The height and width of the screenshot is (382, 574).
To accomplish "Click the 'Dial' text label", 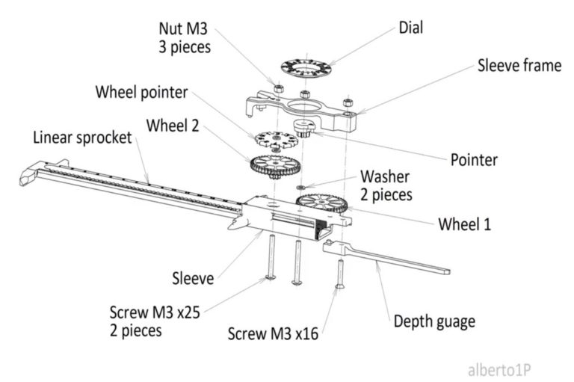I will (410, 28).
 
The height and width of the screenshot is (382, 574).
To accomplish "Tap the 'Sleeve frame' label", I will (519, 66).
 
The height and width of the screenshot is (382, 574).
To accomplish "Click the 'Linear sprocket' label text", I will (82, 138).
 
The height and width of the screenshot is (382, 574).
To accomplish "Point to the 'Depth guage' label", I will (434, 322).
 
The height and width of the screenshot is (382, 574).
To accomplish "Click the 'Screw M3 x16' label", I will (274, 333).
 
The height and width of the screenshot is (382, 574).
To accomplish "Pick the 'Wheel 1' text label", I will (464, 224).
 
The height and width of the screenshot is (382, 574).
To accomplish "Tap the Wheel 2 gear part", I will (272, 164).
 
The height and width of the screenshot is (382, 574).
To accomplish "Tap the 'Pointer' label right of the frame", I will (474, 160).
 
